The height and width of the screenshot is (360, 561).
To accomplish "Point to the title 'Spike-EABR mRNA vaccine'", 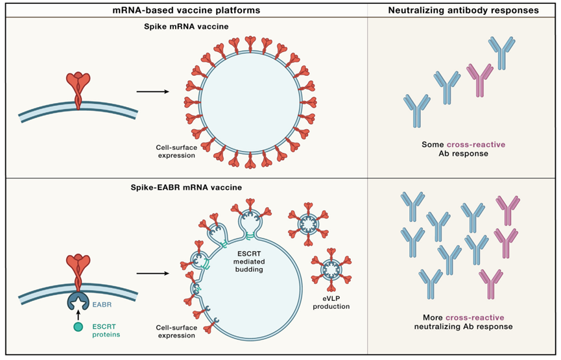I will [x=185, y=187].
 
